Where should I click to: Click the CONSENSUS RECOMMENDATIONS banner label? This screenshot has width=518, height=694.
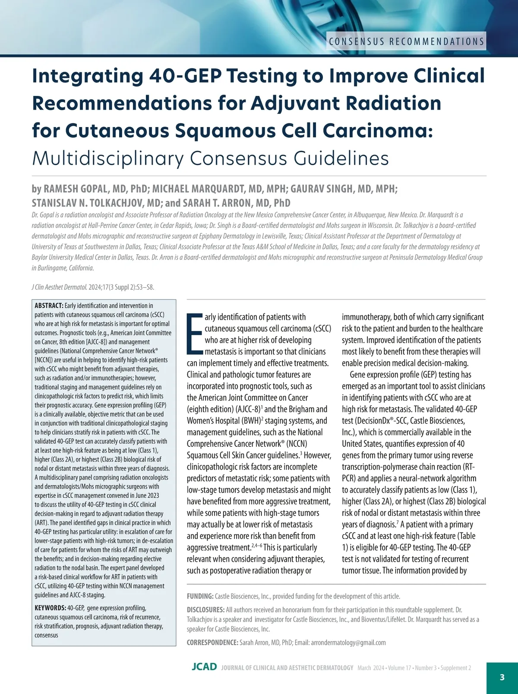click(x=406, y=41)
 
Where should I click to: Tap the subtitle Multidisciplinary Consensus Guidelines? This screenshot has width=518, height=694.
click(x=210, y=158)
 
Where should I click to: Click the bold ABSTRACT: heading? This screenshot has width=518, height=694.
click(x=49, y=306)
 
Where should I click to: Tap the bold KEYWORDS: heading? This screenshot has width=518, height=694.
click(x=50, y=608)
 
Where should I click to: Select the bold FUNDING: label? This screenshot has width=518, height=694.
click(x=200, y=596)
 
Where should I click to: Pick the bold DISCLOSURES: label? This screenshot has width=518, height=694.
click(x=205, y=610)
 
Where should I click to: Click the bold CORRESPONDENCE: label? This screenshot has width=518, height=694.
click(x=212, y=643)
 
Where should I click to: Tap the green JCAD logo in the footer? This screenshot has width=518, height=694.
click(x=204, y=667)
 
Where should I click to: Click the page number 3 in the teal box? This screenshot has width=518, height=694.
click(x=502, y=677)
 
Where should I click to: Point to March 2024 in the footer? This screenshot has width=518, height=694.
click(x=371, y=668)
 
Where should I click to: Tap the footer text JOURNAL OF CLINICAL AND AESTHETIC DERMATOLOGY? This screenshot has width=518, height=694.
click(x=287, y=668)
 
